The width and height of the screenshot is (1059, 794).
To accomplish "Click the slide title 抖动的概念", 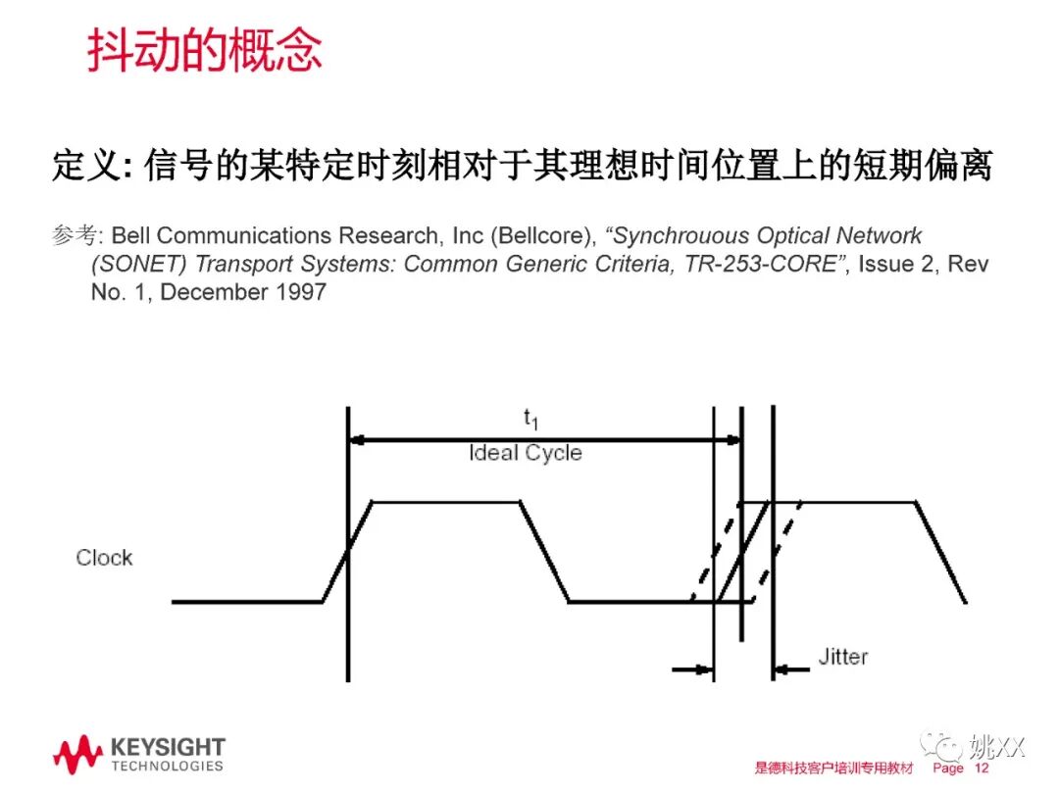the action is coord(205,50).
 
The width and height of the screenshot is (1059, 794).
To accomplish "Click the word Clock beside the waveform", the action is coord(104,558).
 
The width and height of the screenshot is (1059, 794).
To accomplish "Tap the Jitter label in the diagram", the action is coord(842,657).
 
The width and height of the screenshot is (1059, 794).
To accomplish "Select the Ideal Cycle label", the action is coord(526,453).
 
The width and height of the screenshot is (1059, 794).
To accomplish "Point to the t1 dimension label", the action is coord(530,420).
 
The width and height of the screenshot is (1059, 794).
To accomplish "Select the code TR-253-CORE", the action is coord(758,265).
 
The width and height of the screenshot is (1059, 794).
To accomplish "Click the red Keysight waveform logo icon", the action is coord(77,756).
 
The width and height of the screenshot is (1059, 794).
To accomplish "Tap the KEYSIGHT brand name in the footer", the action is coord(168,748).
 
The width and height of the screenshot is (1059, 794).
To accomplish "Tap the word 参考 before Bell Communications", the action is coord(76,236).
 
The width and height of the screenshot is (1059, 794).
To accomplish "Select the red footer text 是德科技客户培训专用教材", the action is coord(833,769).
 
